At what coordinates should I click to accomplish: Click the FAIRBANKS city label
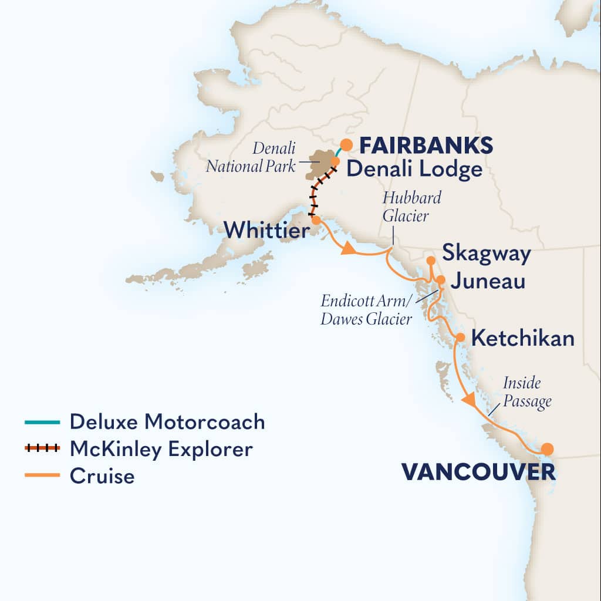click(426, 145)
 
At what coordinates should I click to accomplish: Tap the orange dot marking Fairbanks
click(347, 144)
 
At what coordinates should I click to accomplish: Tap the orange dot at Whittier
click(316, 220)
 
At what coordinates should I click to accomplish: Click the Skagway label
click(487, 254)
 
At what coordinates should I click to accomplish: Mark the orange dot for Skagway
click(430, 260)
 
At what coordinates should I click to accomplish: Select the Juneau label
click(487, 282)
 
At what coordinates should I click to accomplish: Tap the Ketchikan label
click(522, 339)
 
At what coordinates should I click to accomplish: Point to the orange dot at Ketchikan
click(461, 337)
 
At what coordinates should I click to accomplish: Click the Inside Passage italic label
click(526, 392)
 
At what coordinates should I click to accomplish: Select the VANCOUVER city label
click(478, 471)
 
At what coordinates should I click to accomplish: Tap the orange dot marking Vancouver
click(547, 449)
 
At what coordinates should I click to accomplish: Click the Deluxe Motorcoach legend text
click(167, 421)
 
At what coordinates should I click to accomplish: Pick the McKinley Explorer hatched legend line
click(42, 449)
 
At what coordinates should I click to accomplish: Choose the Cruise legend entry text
click(102, 476)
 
